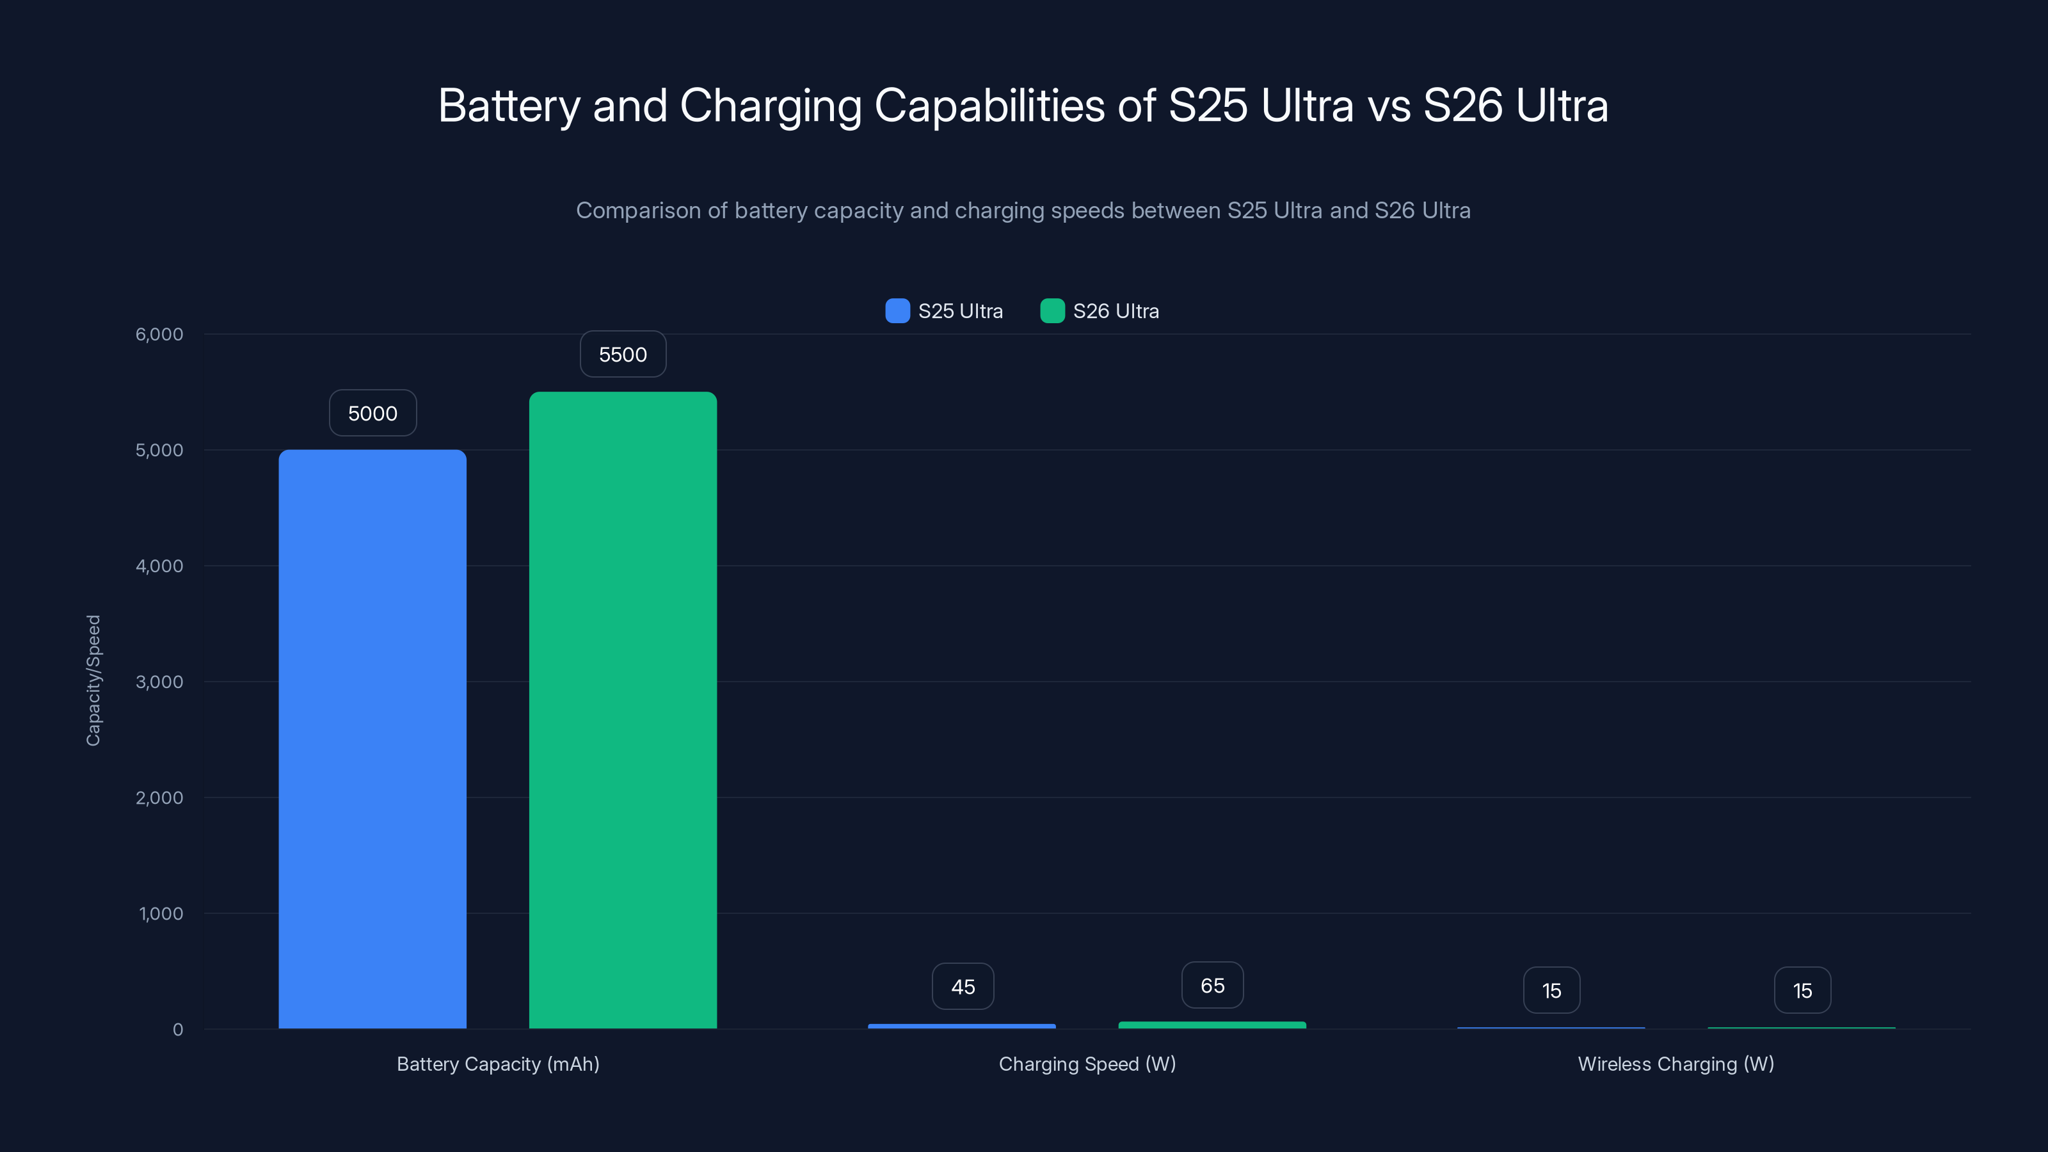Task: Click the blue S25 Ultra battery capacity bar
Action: (x=372, y=739)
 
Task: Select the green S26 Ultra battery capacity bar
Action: (x=623, y=710)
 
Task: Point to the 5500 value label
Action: (x=623, y=355)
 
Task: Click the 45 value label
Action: (x=963, y=987)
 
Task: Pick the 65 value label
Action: (x=1212, y=986)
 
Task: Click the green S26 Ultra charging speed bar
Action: (x=1212, y=1025)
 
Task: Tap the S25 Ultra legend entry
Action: (x=945, y=311)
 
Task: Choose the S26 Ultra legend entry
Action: (x=1100, y=311)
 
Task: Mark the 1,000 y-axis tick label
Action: (x=161, y=913)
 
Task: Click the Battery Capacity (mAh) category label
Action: (x=498, y=1064)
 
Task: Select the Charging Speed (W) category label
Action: (x=1087, y=1064)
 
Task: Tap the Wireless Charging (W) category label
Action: (x=1676, y=1064)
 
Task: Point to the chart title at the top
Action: (x=1023, y=106)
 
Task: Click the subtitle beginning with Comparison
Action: (x=1023, y=211)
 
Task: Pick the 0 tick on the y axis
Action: (x=177, y=1030)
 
